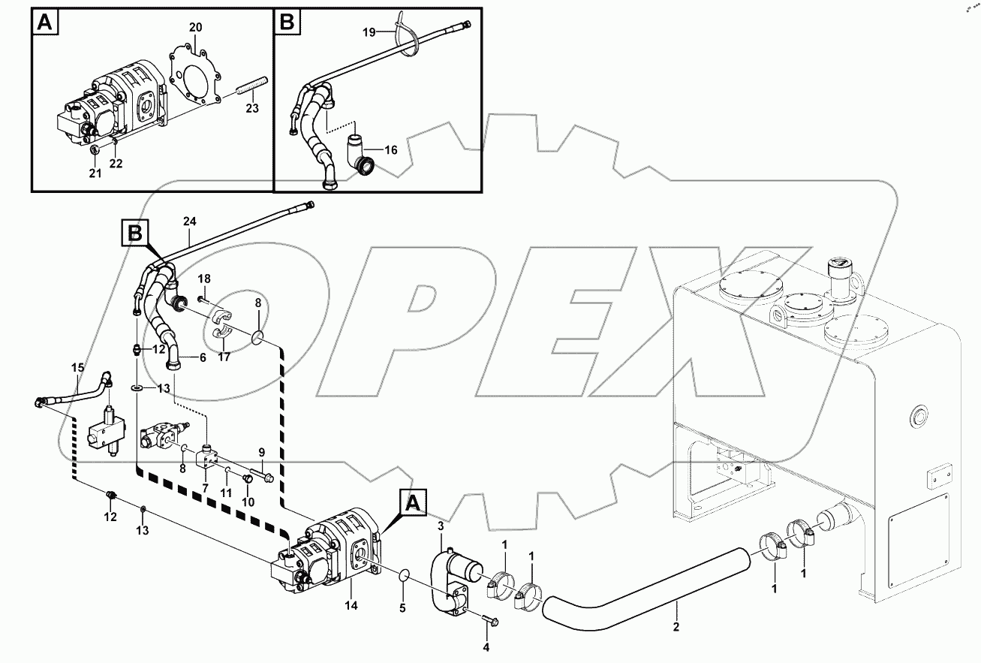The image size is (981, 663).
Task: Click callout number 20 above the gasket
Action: [x=195, y=27]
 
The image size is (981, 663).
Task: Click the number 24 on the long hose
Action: [x=188, y=222]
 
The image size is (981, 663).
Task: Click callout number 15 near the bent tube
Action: [x=78, y=367]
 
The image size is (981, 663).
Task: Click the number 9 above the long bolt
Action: [x=262, y=452]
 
